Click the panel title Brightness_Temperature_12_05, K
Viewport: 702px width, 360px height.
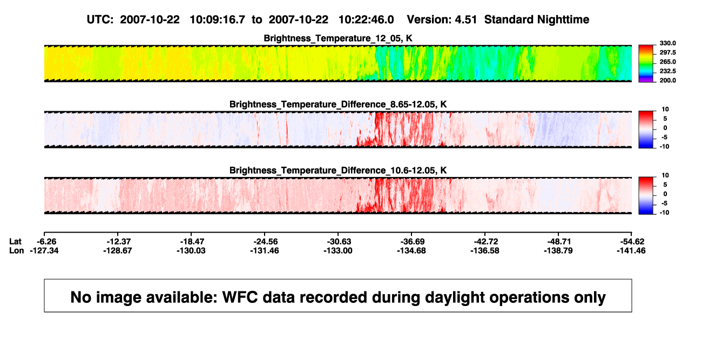click(338, 38)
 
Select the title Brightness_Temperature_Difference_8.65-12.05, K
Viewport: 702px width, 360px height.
click(338, 104)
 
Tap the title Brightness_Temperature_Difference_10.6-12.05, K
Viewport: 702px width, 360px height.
click(338, 171)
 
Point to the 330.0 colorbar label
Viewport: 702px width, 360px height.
click(667, 43)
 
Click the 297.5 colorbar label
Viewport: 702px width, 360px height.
click(667, 52)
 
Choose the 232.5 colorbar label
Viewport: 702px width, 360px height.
click(667, 71)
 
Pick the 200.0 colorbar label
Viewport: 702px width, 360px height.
click(667, 80)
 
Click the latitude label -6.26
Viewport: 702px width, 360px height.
click(46, 242)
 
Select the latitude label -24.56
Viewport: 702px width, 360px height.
click(266, 242)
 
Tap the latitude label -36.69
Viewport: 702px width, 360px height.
click(413, 242)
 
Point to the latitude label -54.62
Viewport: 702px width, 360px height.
click(632, 242)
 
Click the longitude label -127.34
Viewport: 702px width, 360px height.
click(44, 250)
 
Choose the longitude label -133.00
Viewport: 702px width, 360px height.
click(338, 250)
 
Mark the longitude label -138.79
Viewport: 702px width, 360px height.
click(558, 250)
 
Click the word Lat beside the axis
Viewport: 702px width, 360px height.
click(15, 242)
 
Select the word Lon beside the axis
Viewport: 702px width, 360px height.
click(17, 250)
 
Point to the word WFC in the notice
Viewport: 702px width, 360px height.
click(240, 297)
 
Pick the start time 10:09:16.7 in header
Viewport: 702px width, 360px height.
click(218, 20)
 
